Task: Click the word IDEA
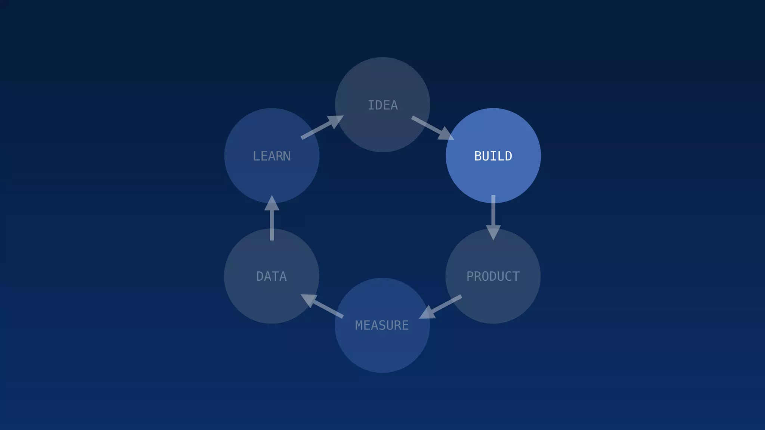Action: tap(382, 105)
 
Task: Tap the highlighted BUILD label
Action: tap(493, 156)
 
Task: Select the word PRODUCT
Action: tap(493, 277)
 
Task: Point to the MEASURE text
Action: tap(382, 325)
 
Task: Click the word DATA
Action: tap(272, 277)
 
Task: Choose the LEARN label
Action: tap(272, 156)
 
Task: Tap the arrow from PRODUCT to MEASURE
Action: tap(440, 307)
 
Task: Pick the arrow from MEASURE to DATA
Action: tap(322, 306)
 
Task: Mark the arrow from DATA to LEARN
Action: tap(272, 218)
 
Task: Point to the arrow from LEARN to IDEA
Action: tap(322, 127)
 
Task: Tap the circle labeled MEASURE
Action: tap(382, 351)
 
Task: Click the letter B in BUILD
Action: tap(478, 156)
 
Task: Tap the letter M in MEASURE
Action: tap(359, 325)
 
